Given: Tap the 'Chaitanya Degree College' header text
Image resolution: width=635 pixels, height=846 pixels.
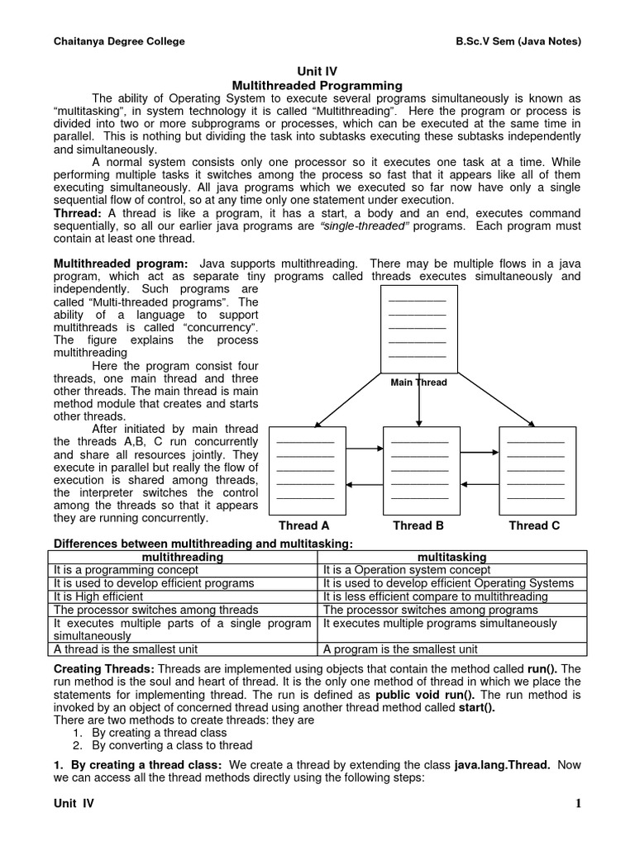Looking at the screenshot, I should [119, 41].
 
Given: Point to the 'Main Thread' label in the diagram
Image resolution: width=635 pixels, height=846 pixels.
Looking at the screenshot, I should [419, 383].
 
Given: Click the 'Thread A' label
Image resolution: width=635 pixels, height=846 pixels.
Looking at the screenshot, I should [303, 525].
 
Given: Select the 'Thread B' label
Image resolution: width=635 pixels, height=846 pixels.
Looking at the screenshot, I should [418, 525].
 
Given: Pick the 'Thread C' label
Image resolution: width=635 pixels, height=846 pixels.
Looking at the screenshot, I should [534, 525].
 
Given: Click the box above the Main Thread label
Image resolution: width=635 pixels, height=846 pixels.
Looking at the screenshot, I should [418, 329].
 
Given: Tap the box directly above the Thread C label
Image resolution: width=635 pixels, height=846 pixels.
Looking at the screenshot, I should [537, 470].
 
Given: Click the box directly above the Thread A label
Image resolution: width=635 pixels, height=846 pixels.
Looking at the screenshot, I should [305, 470].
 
